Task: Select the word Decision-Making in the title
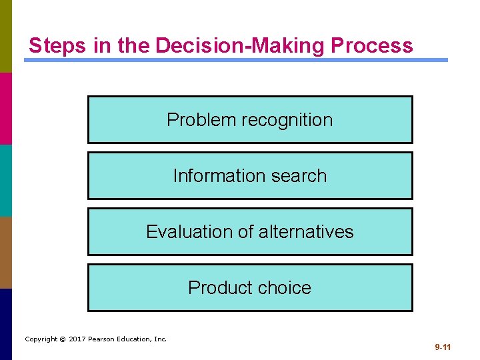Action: [240, 45]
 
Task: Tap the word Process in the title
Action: [371, 45]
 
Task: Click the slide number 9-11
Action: [443, 347]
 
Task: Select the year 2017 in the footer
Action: [77, 339]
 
